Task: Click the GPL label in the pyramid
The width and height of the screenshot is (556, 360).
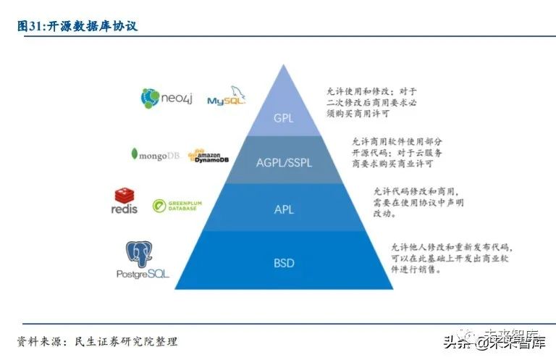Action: click(x=284, y=118)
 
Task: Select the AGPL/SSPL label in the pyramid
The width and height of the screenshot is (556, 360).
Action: click(x=284, y=163)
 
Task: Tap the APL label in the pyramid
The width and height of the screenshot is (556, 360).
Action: click(x=284, y=210)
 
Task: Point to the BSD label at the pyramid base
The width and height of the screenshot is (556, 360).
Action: click(x=284, y=263)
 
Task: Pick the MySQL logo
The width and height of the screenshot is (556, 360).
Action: click(x=227, y=98)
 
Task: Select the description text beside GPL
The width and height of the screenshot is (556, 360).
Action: click(x=371, y=103)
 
